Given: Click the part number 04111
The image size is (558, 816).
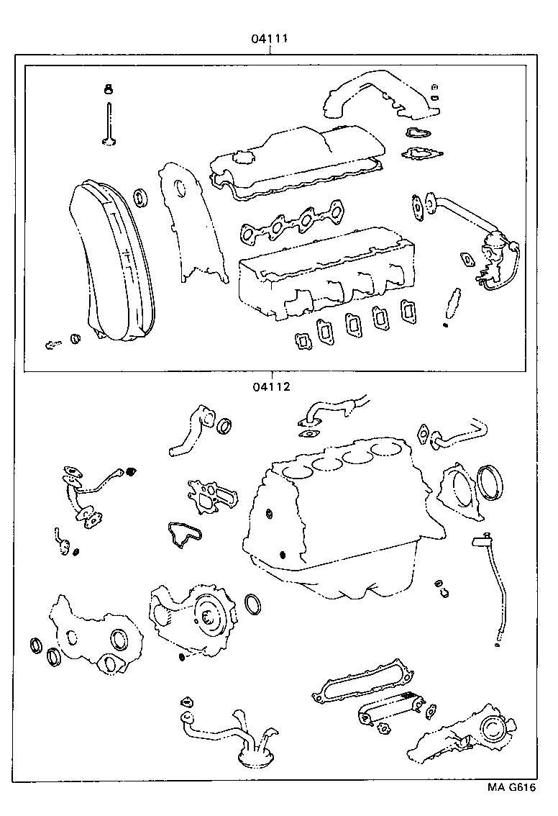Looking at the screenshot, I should point(270,39).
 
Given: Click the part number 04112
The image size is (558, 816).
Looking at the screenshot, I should point(270,386).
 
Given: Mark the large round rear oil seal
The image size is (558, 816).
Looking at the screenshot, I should point(491,483).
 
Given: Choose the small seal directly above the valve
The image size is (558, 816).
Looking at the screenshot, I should point(109,90).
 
